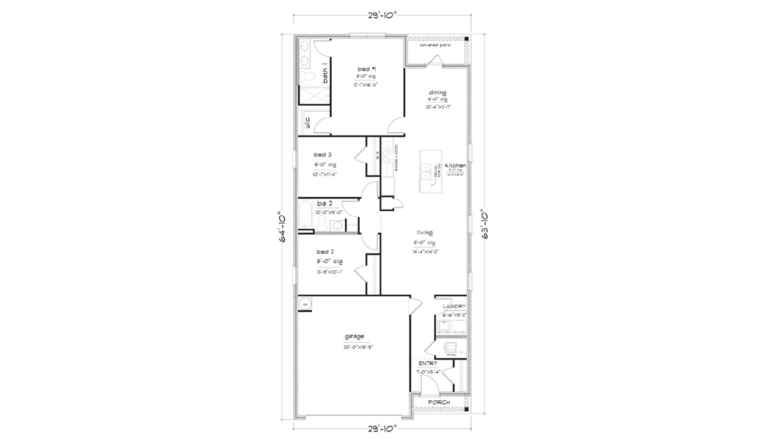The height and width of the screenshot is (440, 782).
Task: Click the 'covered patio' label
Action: pyautogui.click(x=434, y=45)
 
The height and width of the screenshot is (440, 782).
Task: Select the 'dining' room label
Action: pyautogui.click(x=437, y=92)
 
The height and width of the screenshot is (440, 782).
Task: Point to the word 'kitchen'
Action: pyautogui.click(x=455, y=166)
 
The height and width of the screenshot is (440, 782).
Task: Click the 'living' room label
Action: pyautogui.click(x=425, y=232)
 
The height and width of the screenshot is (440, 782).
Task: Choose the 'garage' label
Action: pyautogui.click(x=354, y=336)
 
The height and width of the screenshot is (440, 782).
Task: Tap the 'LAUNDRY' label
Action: pyautogui.click(x=454, y=306)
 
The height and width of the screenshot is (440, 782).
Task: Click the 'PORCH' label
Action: pyautogui.click(x=439, y=403)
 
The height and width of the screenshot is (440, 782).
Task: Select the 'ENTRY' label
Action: pyautogui.click(x=428, y=363)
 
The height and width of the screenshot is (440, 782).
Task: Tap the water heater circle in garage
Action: pyautogui.click(x=305, y=303)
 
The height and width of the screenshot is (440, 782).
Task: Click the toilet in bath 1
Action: pyautogui.click(x=306, y=76)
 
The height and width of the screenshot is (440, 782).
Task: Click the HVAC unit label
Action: pyautogui.click(x=452, y=354)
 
